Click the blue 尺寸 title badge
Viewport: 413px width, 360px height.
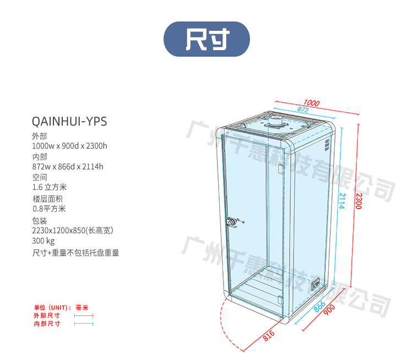click(x=206, y=39)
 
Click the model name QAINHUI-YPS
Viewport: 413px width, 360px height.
click(x=69, y=121)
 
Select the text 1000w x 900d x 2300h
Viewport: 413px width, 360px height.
click(x=69, y=146)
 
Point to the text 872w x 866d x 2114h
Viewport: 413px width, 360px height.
click(x=68, y=166)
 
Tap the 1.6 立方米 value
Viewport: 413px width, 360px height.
click(x=50, y=187)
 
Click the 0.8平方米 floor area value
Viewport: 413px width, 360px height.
click(x=49, y=209)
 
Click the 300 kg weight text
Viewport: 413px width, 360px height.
click(x=44, y=241)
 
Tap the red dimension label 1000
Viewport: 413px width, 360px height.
click(x=311, y=103)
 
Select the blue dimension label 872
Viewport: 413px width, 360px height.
click(x=303, y=110)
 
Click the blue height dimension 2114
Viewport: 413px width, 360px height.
click(x=342, y=201)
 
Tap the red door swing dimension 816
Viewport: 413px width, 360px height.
click(x=269, y=335)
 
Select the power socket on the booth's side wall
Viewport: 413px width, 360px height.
click(x=317, y=285)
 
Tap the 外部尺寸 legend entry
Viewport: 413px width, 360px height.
click(x=47, y=315)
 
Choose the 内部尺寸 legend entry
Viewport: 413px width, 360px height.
click(x=47, y=324)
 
